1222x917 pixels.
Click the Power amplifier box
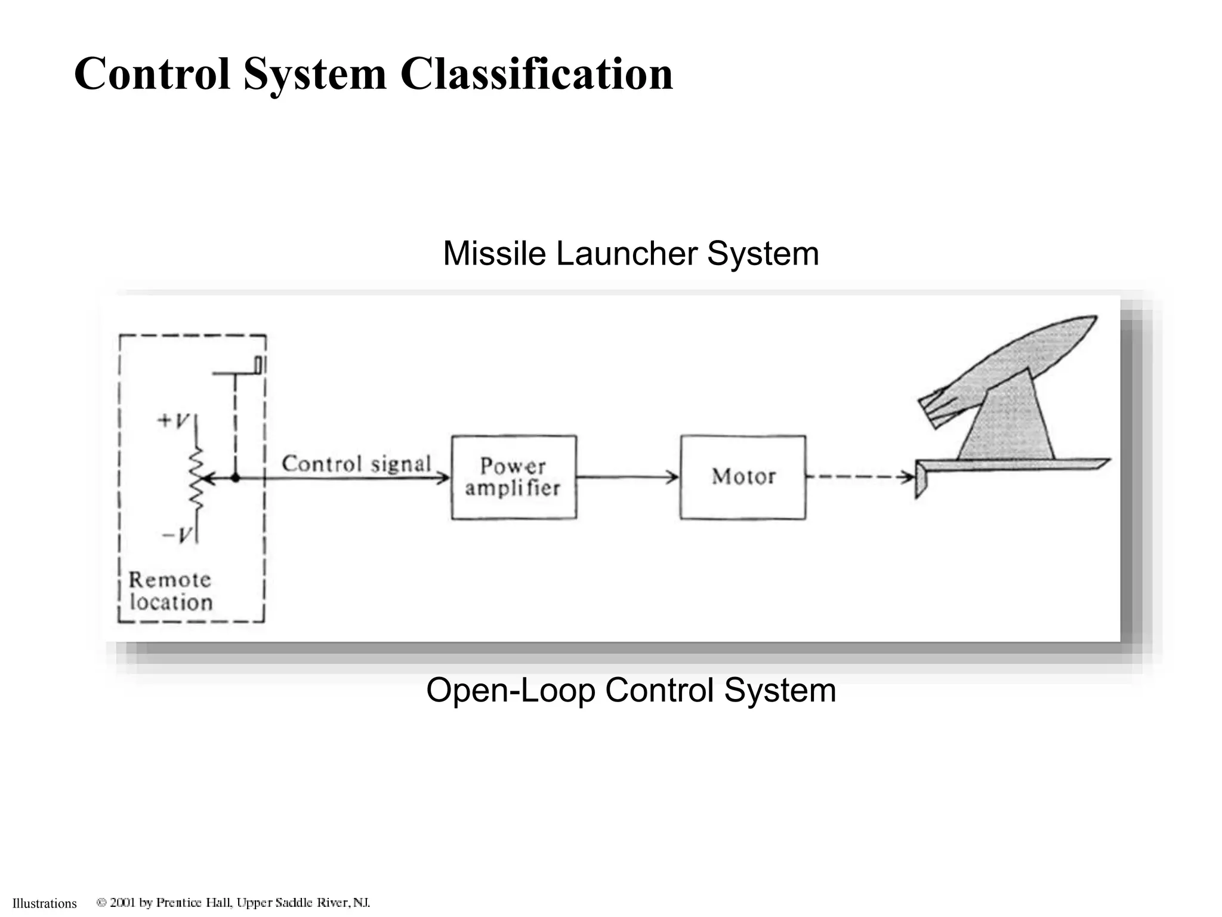point(514,477)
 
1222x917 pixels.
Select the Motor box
point(743,477)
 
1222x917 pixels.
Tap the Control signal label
point(356,464)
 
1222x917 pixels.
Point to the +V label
point(173,421)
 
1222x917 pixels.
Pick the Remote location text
point(171,591)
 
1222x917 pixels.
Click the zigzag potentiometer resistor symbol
point(196,478)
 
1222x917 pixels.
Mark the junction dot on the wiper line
point(236,478)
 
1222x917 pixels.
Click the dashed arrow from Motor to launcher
point(859,477)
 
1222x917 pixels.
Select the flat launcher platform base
point(1014,464)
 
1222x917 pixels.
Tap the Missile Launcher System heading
point(631,254)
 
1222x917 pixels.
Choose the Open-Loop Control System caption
point(631,690)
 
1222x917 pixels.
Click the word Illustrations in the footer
point(45,903)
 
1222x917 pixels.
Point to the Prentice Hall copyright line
point(233,902)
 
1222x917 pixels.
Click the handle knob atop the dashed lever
point(260,365)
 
